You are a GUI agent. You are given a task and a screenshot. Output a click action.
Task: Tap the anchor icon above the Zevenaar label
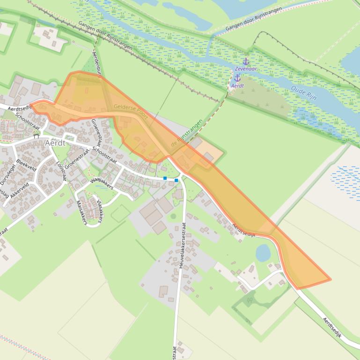(x=246, y=62)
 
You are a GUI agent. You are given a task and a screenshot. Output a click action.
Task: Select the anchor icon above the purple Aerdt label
(x=237, y=78)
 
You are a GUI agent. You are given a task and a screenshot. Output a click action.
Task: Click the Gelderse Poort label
(x=131, y=112)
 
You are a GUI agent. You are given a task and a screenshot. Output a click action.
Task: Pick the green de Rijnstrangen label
(x=187, y=134)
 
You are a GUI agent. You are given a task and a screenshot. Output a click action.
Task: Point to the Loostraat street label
(x=61, y=171)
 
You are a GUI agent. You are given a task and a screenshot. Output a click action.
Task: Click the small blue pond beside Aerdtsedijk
(x=263, y=253)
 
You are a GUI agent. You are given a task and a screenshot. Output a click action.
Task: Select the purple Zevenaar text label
(x=246, y=69)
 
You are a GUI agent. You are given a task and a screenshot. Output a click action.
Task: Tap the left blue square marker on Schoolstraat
(x=165, y=178)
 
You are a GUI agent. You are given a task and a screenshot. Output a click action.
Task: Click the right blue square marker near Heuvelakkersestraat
(x=176, y=180)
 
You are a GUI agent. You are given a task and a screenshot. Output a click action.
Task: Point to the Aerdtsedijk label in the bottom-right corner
(x=333, y=328)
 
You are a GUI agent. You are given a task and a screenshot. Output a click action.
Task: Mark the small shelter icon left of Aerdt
(x=36, y=137)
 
